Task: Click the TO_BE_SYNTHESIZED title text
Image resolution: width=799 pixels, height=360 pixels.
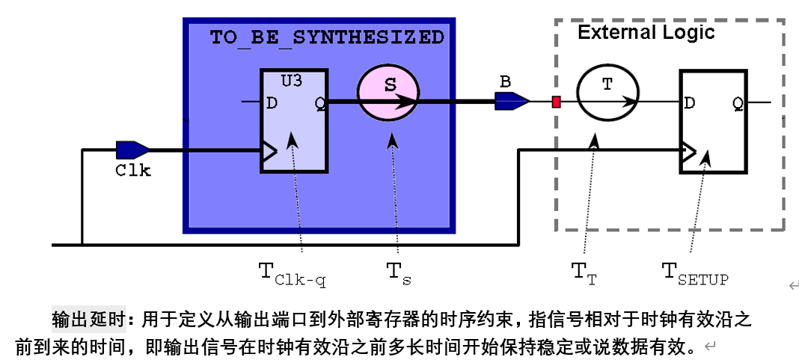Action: point(327,37)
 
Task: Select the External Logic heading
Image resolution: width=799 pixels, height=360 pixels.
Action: point(646,32)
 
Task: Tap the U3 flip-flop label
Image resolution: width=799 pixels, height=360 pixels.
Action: point(292,80)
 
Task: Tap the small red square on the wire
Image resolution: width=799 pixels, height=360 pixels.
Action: point(556,102)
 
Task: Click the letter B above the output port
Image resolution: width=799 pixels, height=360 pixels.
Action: point(505,81)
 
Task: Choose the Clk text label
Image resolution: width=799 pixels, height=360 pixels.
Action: point(133,171)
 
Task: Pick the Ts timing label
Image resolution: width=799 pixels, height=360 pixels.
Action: point(399,274)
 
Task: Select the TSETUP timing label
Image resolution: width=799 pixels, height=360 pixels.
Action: point(695,274)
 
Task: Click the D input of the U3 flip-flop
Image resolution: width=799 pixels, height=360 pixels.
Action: point(272,103)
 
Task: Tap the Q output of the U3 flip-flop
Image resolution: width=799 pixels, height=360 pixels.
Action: point(319,103)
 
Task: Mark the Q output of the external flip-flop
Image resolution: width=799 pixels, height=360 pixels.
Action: point(737,103)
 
